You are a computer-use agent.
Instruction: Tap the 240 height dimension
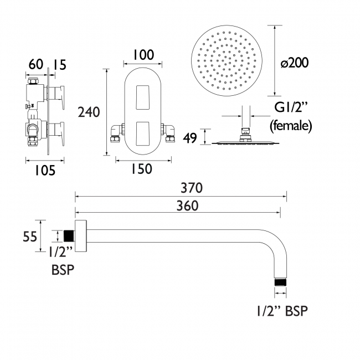pyautogui.click(x=89, y=112)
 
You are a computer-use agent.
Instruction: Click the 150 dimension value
pyautogui.click(x=142, y=169)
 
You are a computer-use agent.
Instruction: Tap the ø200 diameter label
pyautogui.click(x=295, y=63)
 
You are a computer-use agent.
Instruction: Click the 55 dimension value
pyautogui.click(x=30, y=236)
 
